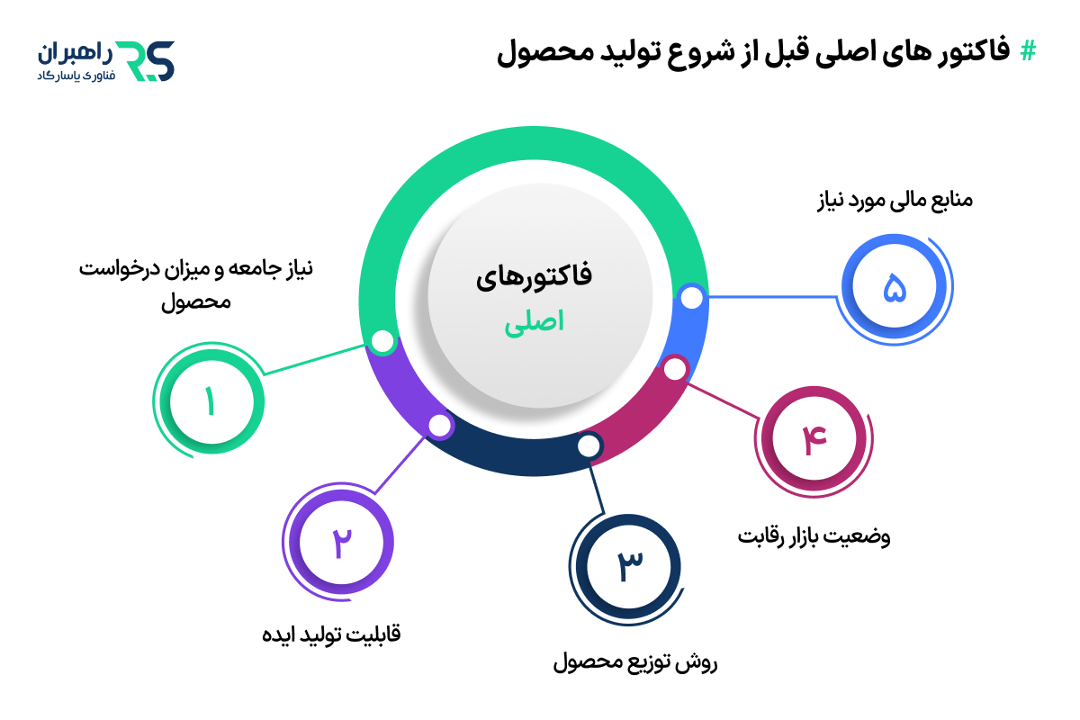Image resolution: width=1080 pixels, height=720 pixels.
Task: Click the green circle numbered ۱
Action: [x=209, y=401]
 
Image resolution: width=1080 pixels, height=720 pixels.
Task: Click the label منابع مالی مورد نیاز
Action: [x=888, y=200]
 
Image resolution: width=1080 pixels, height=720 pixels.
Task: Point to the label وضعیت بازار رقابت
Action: [x=814, y=537]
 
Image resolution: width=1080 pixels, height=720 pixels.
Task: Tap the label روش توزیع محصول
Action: [x=634, y=664]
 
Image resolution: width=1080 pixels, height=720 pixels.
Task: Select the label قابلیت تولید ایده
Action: [x=330, y=634]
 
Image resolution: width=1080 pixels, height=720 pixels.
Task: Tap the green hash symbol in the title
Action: [x=1027, y=51]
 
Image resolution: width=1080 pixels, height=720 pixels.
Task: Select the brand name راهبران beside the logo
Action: [x=76, y=51]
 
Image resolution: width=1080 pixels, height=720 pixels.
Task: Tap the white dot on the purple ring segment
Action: [x=438, y=425]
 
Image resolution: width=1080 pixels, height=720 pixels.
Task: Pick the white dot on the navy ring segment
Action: [x=588, y=445]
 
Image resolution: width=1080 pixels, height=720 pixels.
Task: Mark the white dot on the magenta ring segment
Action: [x=674, y=367]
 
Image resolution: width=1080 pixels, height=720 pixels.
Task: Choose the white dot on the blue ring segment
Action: [x=690, y=297]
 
